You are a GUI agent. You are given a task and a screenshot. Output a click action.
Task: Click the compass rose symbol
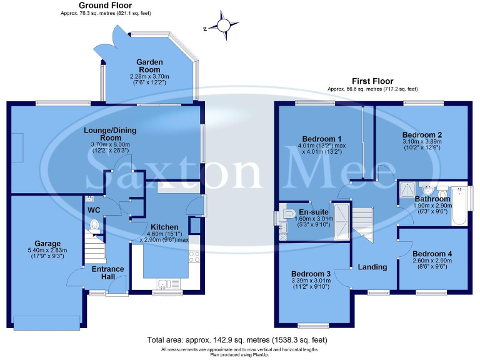(223, 26)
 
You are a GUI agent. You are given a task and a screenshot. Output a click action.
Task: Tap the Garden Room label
(150, 66)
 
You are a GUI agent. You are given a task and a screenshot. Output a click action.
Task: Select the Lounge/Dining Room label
(110, 134)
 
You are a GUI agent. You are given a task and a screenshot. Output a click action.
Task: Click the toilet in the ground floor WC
(95, 225)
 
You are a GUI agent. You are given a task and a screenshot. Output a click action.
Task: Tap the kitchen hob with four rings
(194, 256)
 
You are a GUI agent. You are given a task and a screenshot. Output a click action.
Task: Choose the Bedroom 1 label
(322, 138)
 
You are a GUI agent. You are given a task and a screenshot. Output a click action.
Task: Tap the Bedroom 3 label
(311, 274)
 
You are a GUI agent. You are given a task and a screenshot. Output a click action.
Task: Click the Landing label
(372, 267)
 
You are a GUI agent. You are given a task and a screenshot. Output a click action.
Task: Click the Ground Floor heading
(106, 5)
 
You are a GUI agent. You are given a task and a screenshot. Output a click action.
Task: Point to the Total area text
(237, 340)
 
